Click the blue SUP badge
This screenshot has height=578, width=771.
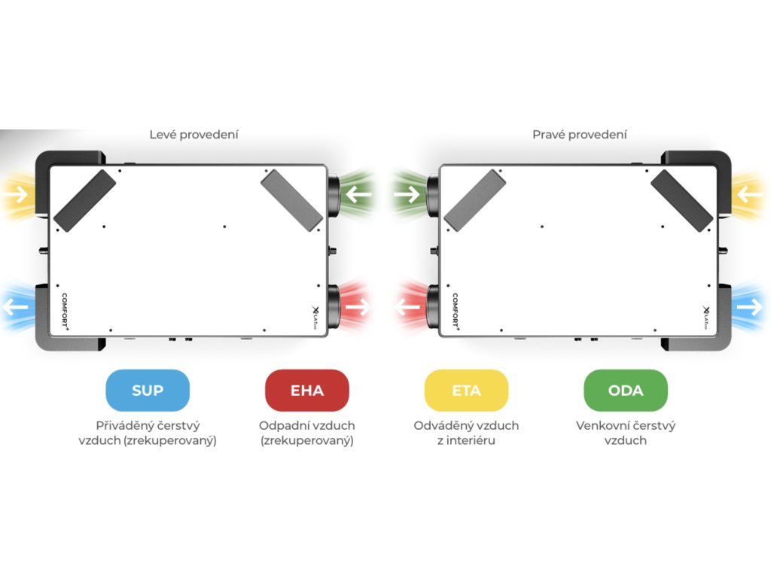tap(148, 390)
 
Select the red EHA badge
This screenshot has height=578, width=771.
tap(307, 390)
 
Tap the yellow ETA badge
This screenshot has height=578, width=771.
tap(466, 390)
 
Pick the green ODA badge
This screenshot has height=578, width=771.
tap(626, 390)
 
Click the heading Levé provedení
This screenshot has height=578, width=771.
tap(194, 135)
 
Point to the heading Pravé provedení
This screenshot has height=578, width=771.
tap(579, 135)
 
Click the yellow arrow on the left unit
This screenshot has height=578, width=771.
tap(17, 195)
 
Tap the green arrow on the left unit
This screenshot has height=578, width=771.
tap(359, 195)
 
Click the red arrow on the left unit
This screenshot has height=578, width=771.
tap(359, 307)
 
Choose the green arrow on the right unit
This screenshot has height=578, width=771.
tap(407, 195)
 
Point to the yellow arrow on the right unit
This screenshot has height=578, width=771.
tap(750, 195)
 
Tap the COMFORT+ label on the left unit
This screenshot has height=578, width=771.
tap(66, 312)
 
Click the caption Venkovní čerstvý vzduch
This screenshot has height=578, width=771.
tap(626, 433)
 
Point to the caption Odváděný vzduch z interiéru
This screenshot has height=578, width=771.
tap(466, 433)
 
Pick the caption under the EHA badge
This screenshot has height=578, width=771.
tap(307, 433)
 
